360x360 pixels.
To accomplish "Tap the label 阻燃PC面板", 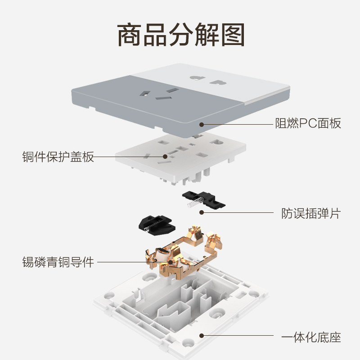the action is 308,123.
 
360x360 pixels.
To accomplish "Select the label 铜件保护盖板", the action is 58,157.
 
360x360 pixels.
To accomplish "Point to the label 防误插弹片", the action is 310,213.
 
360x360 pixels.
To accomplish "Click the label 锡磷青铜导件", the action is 58,262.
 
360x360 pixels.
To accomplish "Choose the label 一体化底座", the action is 310,336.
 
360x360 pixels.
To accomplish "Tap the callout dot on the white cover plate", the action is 166,157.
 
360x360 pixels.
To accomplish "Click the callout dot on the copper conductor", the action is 171,261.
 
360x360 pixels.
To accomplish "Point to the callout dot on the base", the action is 202,336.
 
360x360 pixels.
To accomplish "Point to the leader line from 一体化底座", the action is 238,336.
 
